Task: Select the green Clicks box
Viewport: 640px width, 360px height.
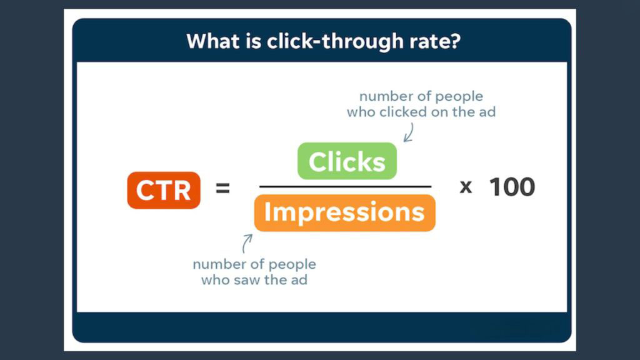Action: pos(347,161)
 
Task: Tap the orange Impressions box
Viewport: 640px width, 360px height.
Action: pos(344,212)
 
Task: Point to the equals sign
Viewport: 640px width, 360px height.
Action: pos(222,187)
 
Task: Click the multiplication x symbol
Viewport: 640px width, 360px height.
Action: pos(466,187)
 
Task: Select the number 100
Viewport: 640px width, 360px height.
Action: pos(511,187)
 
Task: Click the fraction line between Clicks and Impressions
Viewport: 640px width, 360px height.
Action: pos(345,186)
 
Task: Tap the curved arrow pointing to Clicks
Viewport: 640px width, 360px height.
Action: pos(409,132)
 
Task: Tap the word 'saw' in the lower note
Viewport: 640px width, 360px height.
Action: pos(247,280)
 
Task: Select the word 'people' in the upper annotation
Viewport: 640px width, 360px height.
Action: pos(459,97)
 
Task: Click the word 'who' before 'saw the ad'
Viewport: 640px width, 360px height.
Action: pos(215,280)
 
